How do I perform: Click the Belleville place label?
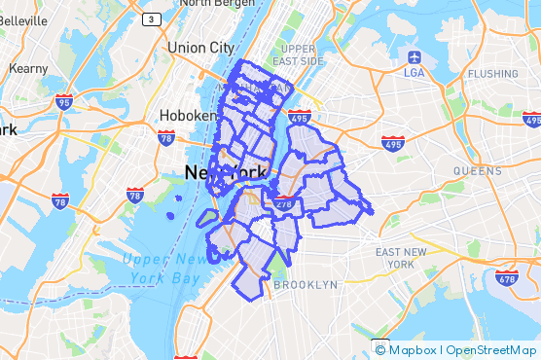click(23, 19)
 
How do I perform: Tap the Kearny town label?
click(28, 69)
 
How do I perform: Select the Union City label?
click(200, 47)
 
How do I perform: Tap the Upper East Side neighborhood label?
click(299, 54)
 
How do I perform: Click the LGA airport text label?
click(415, 72)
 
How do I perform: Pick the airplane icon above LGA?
click(415, 55)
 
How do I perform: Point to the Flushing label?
click(492, 73)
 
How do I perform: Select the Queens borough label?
click(477, 170)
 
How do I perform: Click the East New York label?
click(401, 258)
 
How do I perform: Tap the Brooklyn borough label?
click(306, 285)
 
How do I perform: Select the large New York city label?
click(225, 173)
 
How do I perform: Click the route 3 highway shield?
click(151, 18)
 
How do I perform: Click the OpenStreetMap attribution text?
click(490, 350)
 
